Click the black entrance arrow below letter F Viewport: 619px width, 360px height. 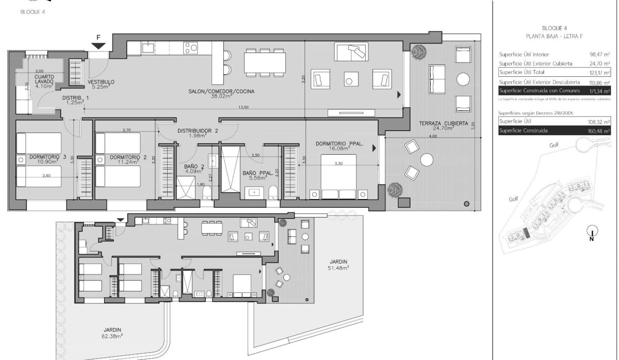pos(100,47)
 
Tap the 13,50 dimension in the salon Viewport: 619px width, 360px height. pos(243,108)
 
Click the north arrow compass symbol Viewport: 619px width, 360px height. pos(592,233)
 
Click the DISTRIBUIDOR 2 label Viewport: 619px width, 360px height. pos(194,133)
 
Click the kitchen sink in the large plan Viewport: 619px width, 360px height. pos(148,48)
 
